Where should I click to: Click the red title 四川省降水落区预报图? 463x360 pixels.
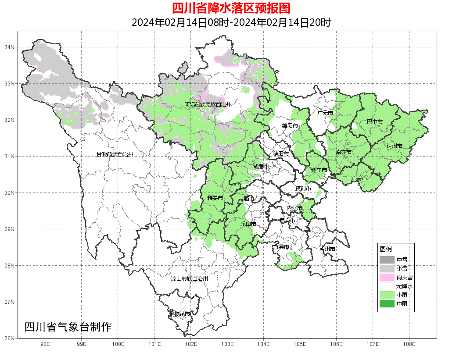[231, 8]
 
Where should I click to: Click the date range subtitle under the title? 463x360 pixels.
[231, 22]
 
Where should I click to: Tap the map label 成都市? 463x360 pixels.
[262, 167]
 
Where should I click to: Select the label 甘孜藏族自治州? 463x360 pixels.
[115, 155]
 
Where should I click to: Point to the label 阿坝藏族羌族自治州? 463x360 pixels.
[208, 105]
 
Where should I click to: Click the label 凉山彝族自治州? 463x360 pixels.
[189, 279]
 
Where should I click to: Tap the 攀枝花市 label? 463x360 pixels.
[180, 314]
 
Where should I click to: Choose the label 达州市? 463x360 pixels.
[394, 146]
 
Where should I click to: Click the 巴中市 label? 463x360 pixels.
[374, 122]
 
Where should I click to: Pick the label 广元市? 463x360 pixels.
[325, 113]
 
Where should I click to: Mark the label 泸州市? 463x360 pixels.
[327, 249]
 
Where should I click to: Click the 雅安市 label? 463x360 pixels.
[215, 198]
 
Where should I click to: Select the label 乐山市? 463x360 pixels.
[248, 224]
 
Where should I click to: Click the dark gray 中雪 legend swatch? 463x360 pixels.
[387, 260]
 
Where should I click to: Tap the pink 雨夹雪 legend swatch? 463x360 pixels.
[387, 277]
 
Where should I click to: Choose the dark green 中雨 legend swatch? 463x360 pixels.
[387, 303]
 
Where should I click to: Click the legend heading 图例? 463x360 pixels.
[385, 249]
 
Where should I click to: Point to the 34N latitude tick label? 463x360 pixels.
[10, 47]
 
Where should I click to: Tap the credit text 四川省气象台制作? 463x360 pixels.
[68, 327]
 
